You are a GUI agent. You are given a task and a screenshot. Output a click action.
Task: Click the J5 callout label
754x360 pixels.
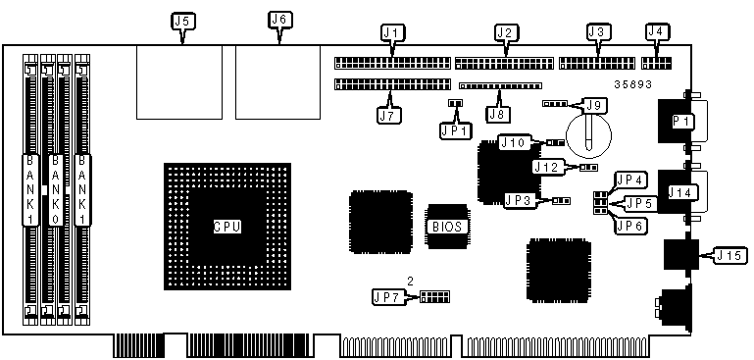[x=183, y=22]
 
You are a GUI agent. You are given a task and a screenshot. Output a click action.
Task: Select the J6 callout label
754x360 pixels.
[x=279, y=20]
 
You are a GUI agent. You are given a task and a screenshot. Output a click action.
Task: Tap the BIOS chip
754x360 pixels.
[x=447, y=227]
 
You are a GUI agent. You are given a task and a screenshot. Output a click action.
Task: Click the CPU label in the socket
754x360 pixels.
[x=226, y=227]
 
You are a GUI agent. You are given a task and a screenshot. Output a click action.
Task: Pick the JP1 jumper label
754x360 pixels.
[x=456, y=130]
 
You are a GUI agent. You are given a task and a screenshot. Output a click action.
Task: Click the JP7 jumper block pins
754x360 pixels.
[x=434, y=296]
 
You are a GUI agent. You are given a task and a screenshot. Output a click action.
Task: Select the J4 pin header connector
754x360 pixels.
[x=657, y=63]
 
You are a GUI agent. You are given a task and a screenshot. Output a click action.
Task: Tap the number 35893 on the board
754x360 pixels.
[x=632, y=84]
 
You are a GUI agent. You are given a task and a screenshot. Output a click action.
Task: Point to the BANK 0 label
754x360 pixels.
[x=56, y=189]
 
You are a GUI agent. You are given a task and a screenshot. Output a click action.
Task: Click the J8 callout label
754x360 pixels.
[x=499, y=114]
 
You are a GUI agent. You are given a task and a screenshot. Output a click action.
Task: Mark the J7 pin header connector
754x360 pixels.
[x=392, y=84]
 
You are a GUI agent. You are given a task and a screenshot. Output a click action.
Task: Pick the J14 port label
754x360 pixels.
[x=680, y=192]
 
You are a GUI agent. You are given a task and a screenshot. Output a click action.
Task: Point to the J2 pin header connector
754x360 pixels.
[x=504, y=63]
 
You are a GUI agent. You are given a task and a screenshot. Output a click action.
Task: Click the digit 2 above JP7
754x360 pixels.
[x=410, y=282]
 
